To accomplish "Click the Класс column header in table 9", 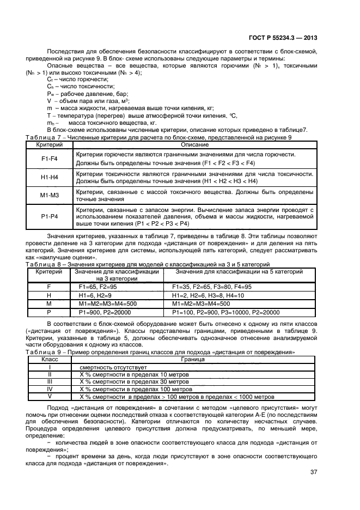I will click(50, 360).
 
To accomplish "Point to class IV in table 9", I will click(50, 390).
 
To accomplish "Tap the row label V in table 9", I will click(50, 397).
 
